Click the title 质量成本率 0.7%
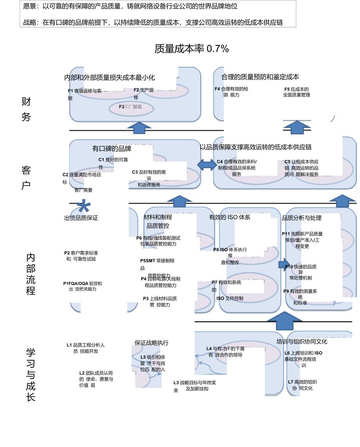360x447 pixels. (x=191, y=49)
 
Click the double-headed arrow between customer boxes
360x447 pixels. (x=206, y=165)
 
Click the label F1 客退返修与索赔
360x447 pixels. (x=84, y=94)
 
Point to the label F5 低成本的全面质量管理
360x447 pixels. (x=296, y=92)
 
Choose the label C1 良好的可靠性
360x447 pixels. (x=113, y=163)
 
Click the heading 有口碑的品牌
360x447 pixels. (x=112, y=149)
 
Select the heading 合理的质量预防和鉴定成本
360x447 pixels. (x=260, y=77)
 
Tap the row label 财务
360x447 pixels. (x=26, y=110)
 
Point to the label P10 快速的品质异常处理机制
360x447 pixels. (x=301, y=272)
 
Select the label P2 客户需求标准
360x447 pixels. (x=81, y=256)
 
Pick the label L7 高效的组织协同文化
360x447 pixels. (x=302, y=385)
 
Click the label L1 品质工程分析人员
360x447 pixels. (x=85, y=348)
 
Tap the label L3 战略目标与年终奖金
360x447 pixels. (x=194, y=386)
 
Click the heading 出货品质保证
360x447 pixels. (x=81, y=218)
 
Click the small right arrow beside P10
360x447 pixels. (x=283, y=265)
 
